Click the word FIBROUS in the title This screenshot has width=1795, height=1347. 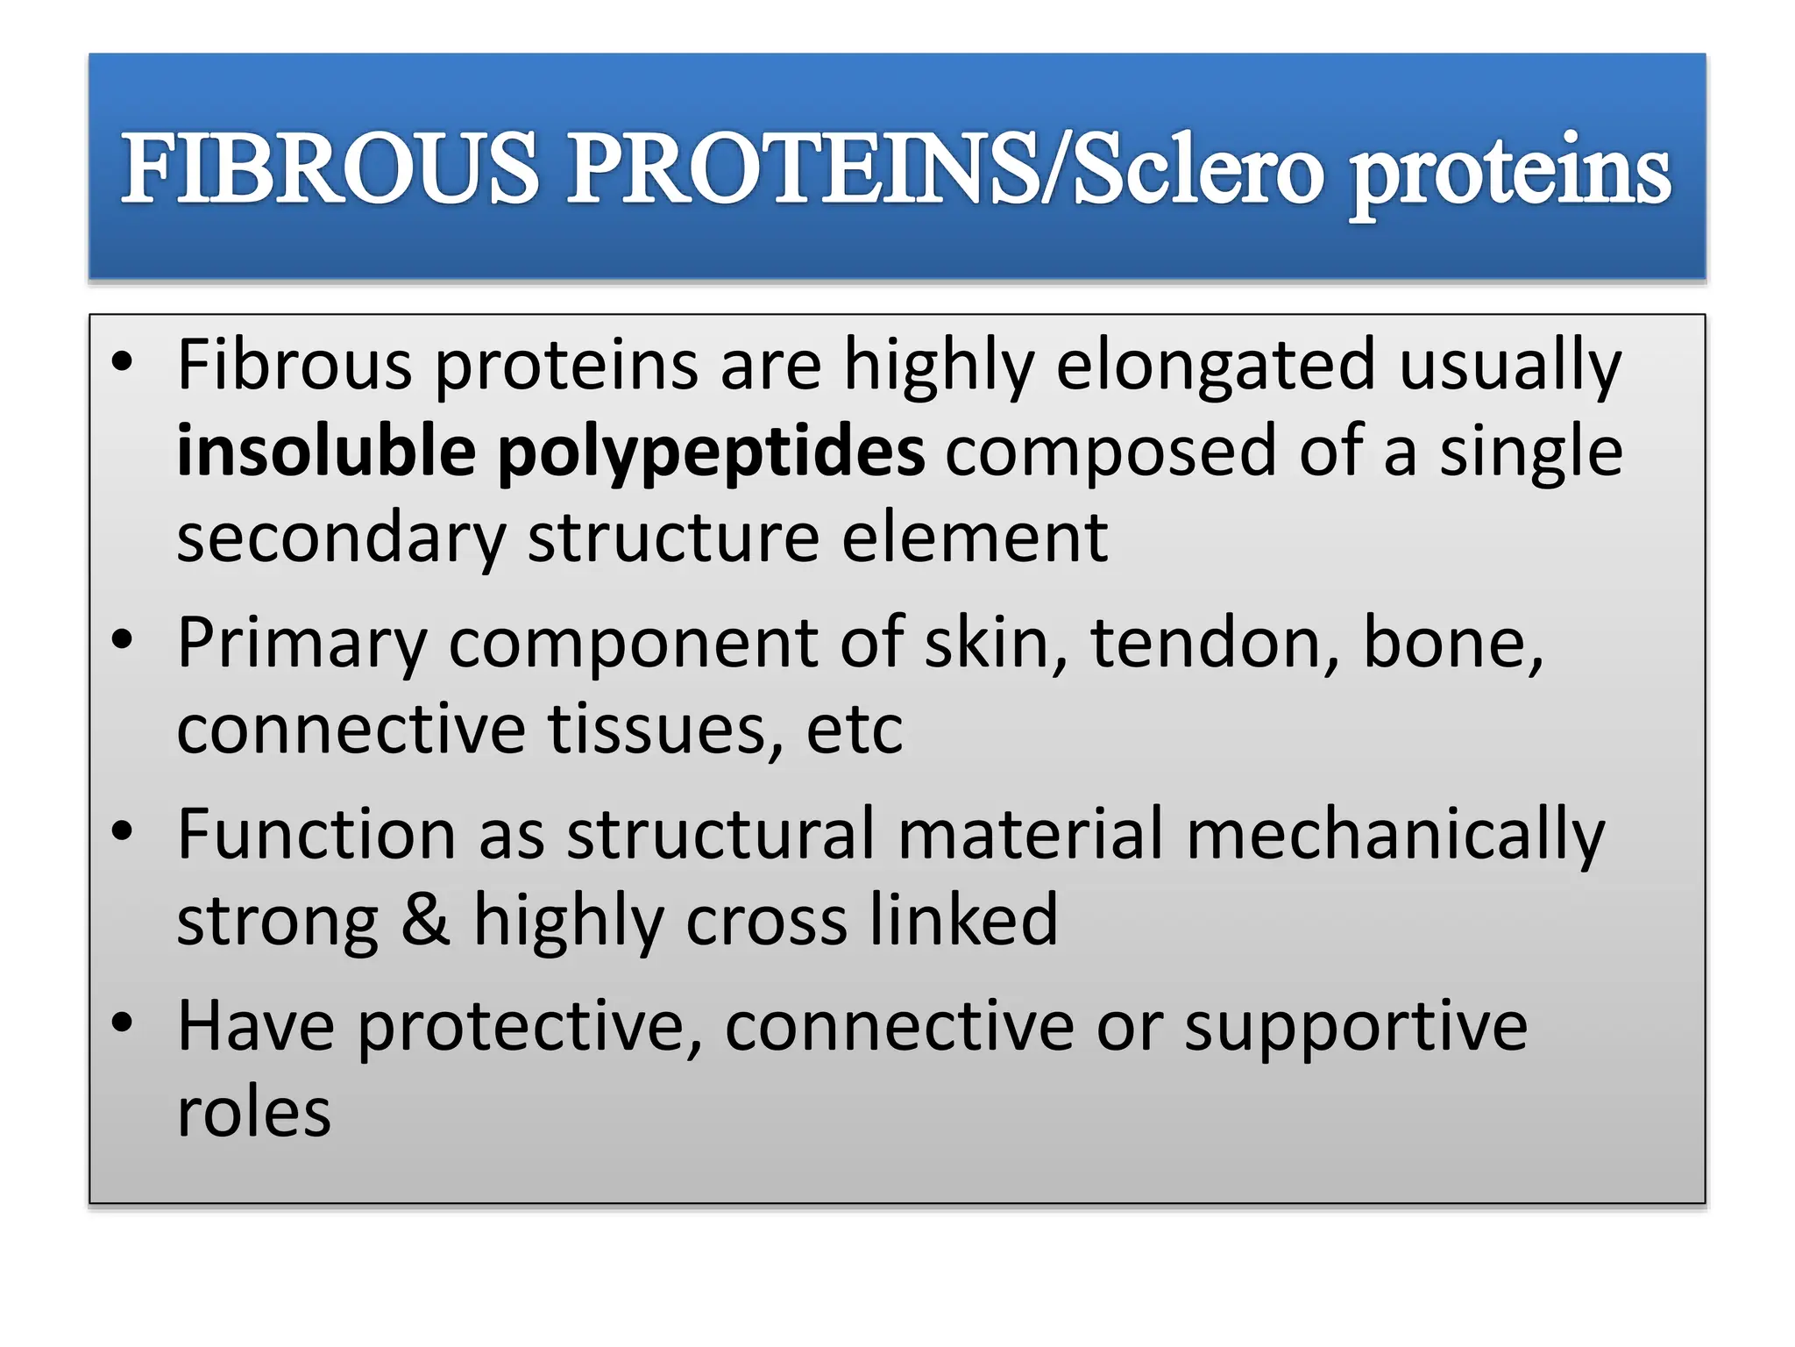[x=330, y=168]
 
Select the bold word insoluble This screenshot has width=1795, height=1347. [x=326, y=452]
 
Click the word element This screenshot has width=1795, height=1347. [x=975, y=538]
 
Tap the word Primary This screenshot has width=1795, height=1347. [x=302, y=645]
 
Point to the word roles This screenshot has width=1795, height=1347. [x=254, y=1114]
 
